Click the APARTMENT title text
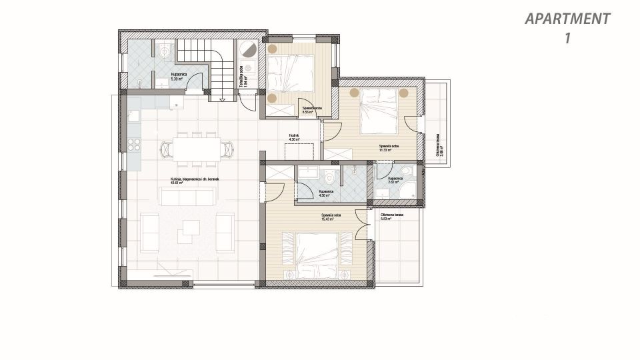567,19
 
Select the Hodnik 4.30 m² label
294,137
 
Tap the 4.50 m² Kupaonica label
326,193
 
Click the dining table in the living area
197,149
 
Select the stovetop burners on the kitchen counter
134,145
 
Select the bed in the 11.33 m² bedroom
379,111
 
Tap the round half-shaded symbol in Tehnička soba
248,50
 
